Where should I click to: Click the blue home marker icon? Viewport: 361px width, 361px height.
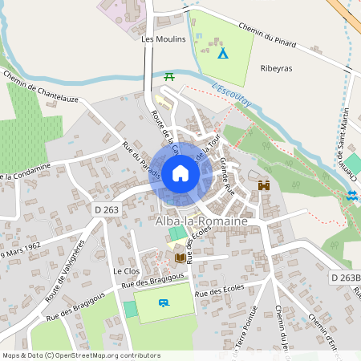coord(180,172)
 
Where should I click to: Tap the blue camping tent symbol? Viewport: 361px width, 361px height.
coord(223,53)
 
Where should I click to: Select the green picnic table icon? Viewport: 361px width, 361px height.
coord(169,77)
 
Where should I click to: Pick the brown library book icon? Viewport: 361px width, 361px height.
coord(180,258)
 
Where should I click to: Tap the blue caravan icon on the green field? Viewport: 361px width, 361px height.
coord(164,302)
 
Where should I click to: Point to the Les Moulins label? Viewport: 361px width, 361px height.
coord(163,39)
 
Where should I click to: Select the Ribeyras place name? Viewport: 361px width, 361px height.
coord(277,68)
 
